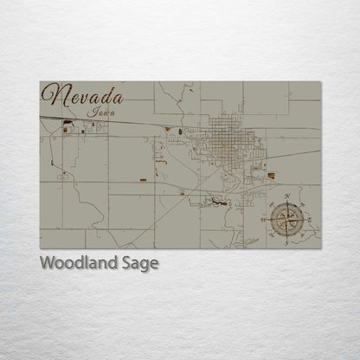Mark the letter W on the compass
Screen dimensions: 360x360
(266, 219)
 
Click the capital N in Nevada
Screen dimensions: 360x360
(54, 96)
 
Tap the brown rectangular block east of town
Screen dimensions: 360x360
(271, 176)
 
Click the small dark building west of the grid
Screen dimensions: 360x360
(180, 132)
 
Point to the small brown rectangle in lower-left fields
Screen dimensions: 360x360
(143, 181)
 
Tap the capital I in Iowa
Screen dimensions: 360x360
(91, 112)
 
